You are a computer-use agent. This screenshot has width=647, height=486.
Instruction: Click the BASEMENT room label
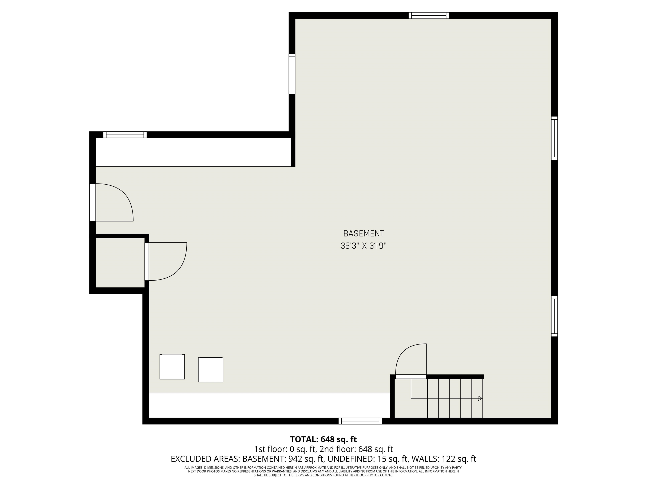(363, 234)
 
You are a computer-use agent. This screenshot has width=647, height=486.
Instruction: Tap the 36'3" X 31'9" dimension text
(363, 246)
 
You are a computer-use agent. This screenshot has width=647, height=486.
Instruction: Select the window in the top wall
(429, 16)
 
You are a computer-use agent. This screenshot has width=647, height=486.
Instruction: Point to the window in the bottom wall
(360, 421)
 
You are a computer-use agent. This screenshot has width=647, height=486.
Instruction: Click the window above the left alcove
(125, 135)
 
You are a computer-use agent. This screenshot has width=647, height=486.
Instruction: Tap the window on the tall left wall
(292, 74)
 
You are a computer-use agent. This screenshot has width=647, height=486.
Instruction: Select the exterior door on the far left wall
(93, 202)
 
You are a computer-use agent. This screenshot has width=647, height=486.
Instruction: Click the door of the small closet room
(147, 261)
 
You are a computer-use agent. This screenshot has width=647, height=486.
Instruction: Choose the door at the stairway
(411, 377)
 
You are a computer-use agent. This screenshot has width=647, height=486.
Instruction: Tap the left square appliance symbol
(172, 367)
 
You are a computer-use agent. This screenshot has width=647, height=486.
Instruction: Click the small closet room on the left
(120, 263)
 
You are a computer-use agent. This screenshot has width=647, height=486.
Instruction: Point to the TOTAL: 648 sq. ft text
(323, 439)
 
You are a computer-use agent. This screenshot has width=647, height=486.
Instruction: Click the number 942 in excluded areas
(295, 459)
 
